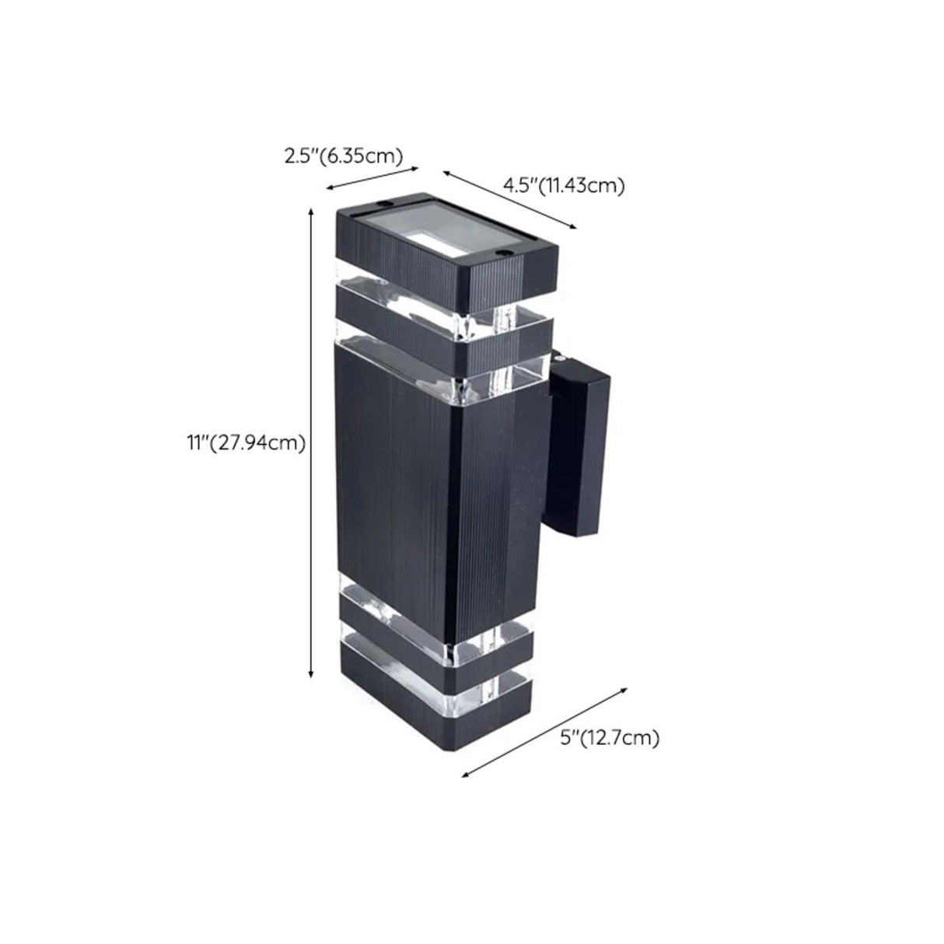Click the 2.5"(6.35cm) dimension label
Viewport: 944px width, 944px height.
pyautogui.click(x=343, y=156)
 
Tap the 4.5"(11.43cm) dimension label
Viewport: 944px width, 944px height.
pyautogui.click(x=563, y=185)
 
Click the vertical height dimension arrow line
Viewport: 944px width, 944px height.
pyautogui.click(x=311, y=443)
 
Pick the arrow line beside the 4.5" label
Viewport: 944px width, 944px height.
pyautogui.click(x=509, y=198)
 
